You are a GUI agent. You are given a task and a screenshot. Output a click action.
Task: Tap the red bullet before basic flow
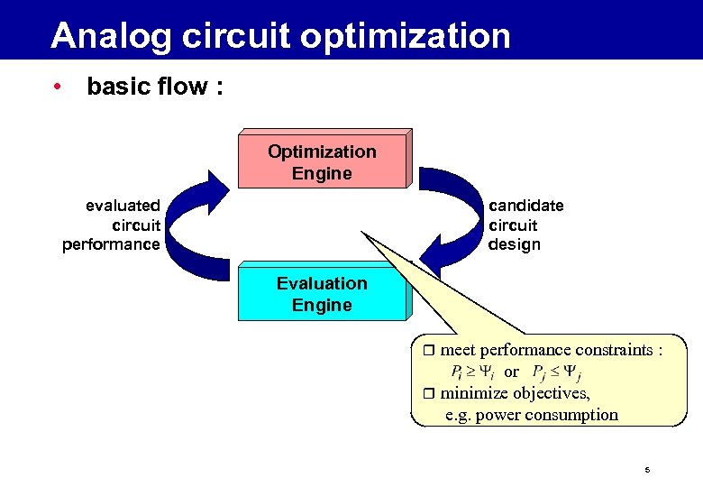click(57, 87)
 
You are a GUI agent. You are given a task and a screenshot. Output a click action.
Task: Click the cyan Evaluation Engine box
click(322, 294)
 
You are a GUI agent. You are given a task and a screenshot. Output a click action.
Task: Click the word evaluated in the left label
click(123, 206)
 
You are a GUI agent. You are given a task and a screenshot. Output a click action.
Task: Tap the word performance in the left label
click(111, 244)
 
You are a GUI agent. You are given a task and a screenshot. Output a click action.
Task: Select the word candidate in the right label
click(526, 206)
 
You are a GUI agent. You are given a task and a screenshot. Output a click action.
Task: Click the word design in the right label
click(515, 244)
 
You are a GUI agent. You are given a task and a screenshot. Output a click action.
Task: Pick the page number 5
click(647, 471)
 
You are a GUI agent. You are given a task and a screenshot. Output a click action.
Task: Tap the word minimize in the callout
click(474, 393)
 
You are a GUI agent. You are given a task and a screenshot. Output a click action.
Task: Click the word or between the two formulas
click(512, 372)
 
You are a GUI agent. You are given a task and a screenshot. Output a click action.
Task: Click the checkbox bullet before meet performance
click(429, 350)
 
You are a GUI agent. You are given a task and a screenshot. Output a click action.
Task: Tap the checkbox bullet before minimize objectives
click(429, 393)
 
